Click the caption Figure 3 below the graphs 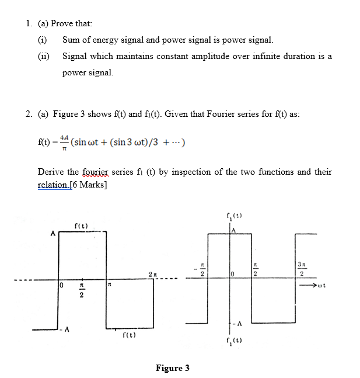(x=172, y=368)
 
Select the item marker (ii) (x=44, y=57)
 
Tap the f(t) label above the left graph (x=81, y=226)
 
